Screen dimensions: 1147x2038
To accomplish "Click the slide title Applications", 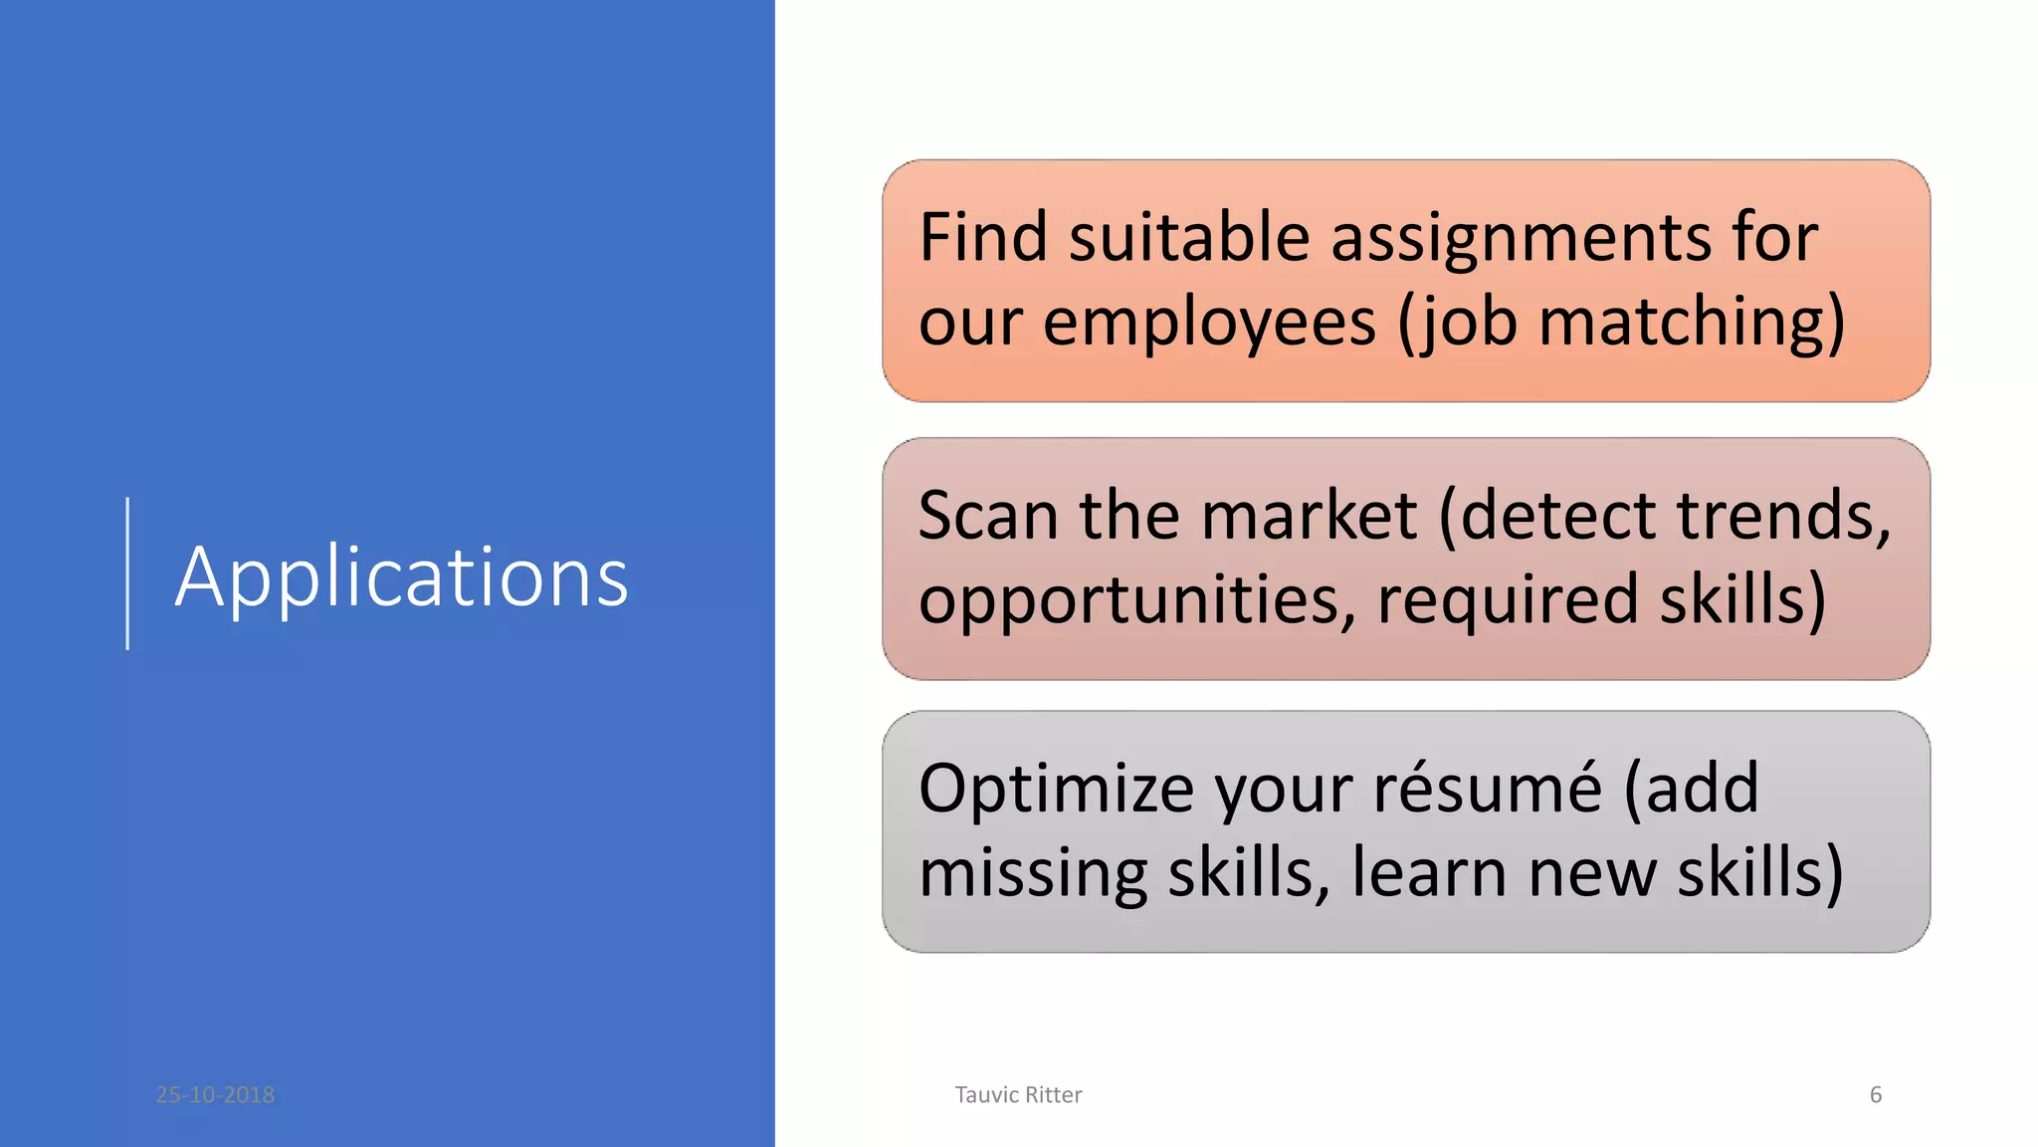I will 401,577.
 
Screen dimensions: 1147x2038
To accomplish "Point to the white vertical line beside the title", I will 127,573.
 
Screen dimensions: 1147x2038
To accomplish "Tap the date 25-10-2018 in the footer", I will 215,1095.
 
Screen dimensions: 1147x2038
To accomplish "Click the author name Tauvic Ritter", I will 1018,1095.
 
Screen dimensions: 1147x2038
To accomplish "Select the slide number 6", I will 1875,1095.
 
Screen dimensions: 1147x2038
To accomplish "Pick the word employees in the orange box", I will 1209,324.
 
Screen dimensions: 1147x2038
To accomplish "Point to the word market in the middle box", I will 1309,516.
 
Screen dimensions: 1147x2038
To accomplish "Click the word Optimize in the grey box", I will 1055,789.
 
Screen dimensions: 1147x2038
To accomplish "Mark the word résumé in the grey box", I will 1488,789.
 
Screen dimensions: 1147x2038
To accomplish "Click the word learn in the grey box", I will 1428,872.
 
